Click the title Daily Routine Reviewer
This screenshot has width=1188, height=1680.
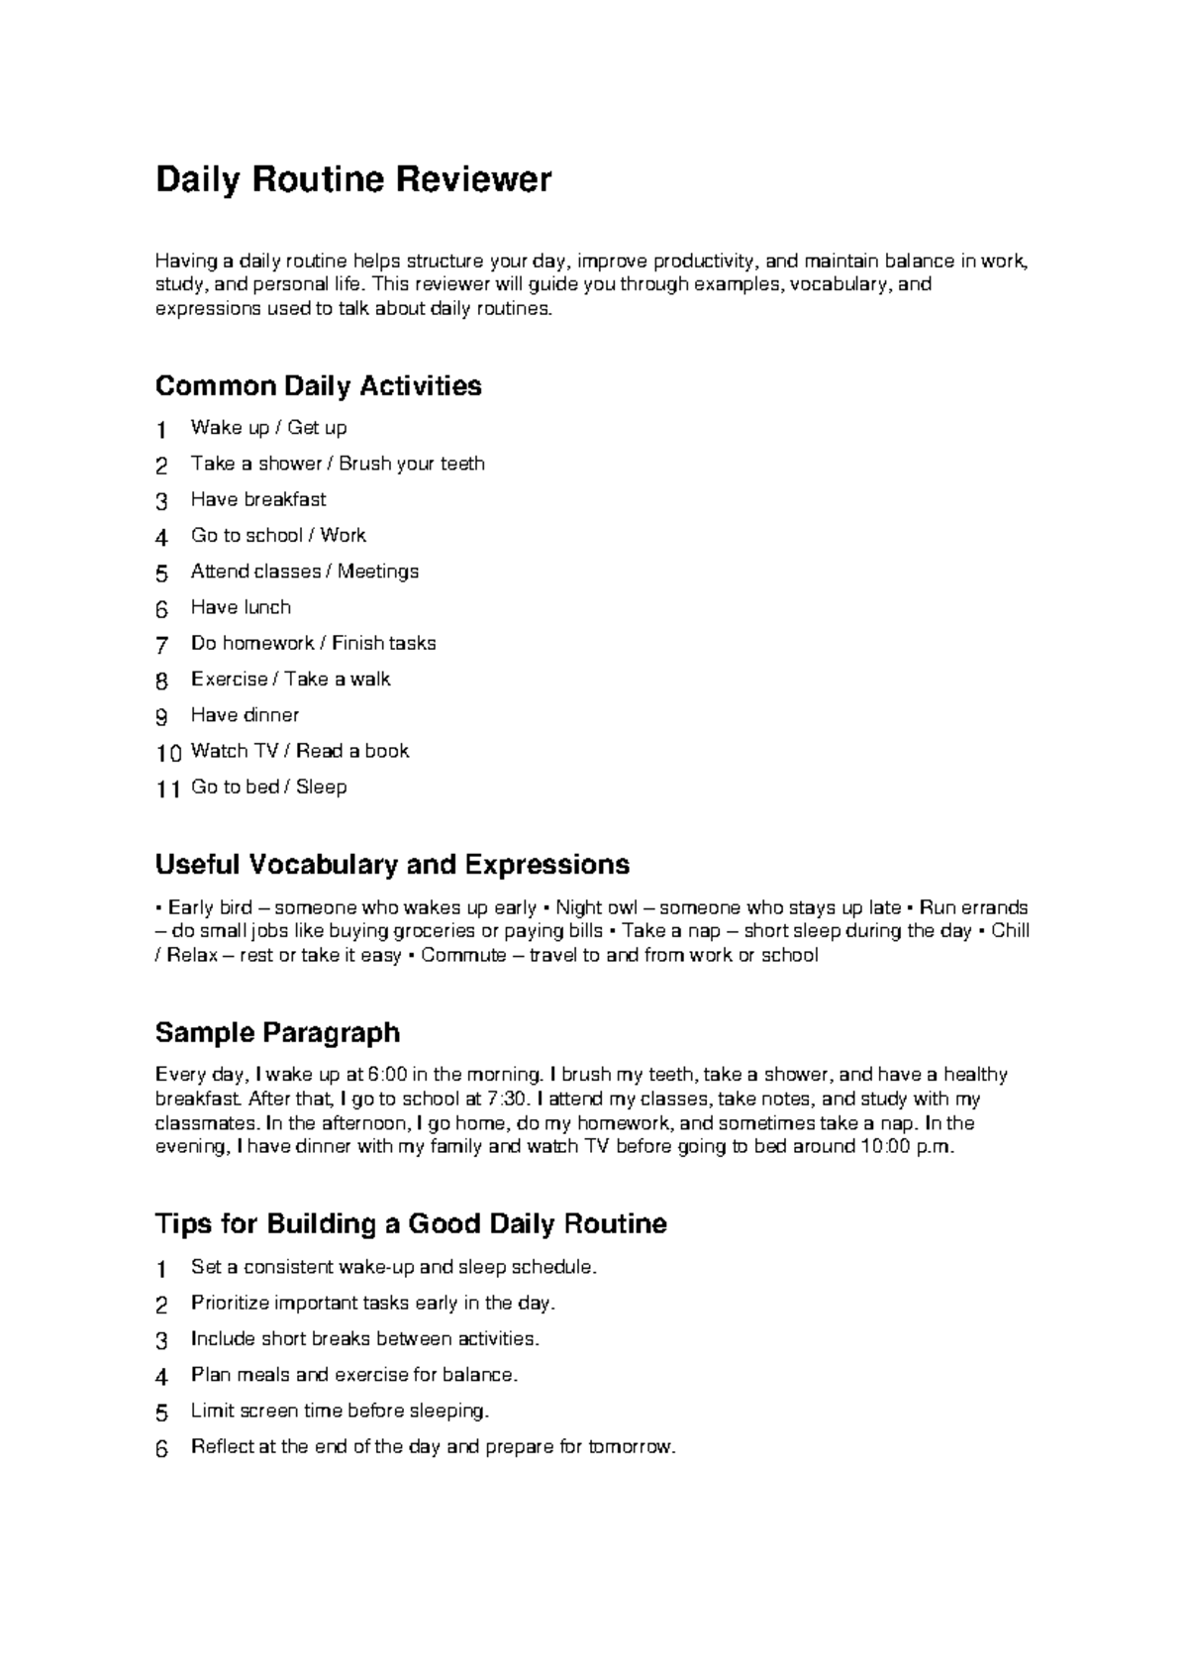353,180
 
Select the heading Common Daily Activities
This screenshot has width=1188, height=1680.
318,385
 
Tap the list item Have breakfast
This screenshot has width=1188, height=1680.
258,499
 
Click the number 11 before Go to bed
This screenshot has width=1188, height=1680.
168,789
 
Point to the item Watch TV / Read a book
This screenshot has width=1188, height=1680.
300,751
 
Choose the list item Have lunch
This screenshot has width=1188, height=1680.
241,607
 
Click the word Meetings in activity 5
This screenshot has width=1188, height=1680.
378,572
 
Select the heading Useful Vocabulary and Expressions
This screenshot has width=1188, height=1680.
392,865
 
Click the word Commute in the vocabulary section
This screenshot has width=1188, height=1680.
463,956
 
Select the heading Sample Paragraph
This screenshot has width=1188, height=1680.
277,1033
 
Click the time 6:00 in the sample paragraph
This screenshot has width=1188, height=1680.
386,1075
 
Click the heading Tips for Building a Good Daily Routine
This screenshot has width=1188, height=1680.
411,1224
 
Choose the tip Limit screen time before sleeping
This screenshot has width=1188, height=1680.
340,1411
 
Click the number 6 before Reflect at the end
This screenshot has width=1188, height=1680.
162,1449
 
